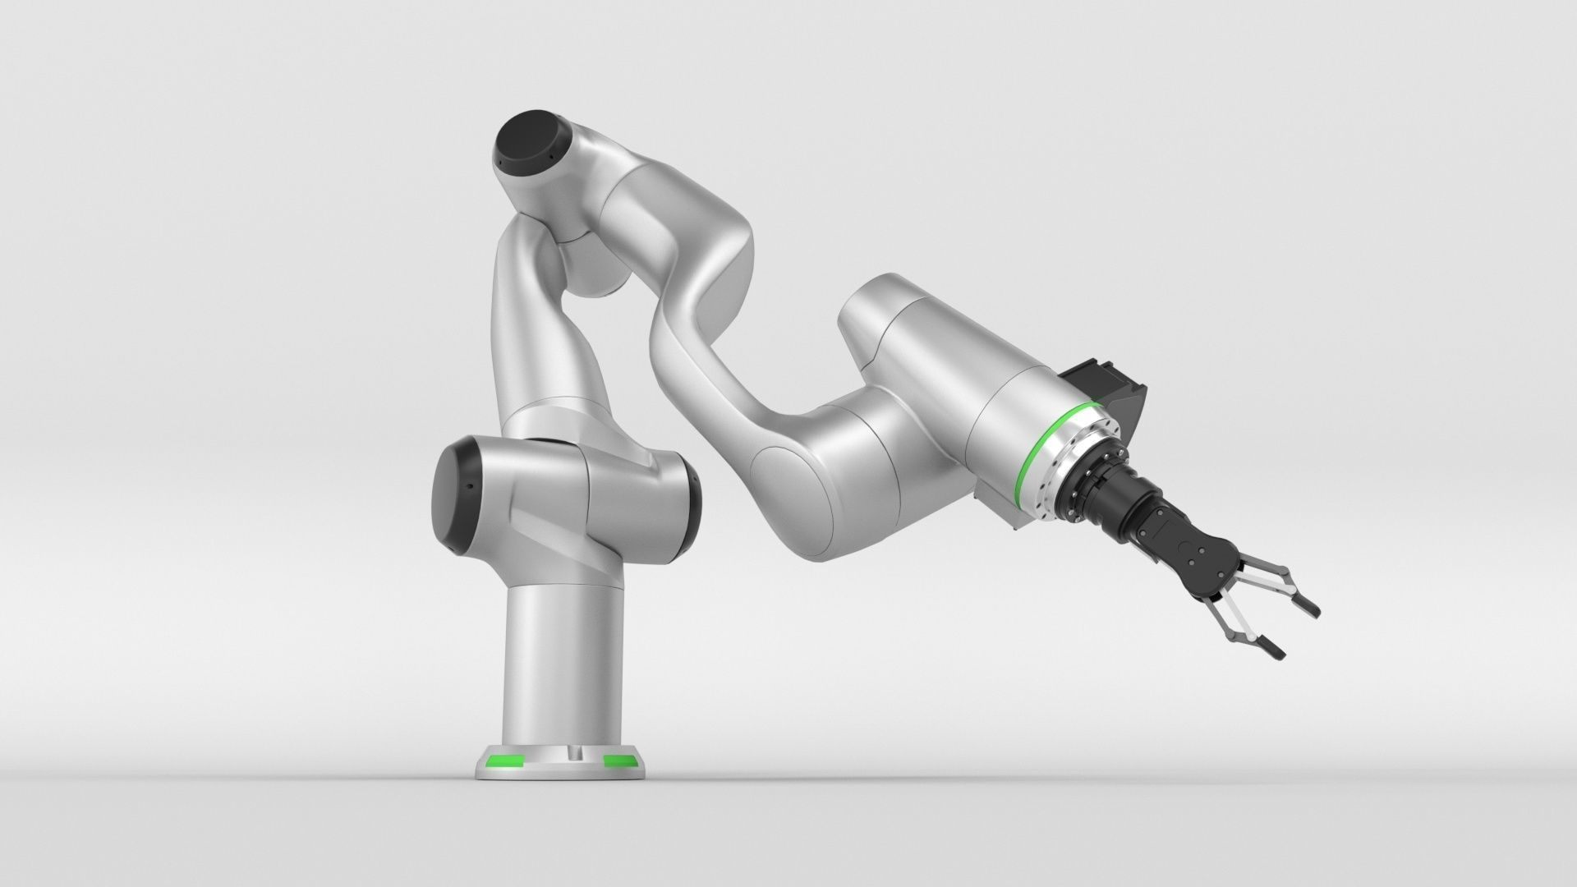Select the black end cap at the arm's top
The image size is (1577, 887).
pyautogui.click(x=523, y=149)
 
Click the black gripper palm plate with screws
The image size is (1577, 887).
pyautogui.click(x=1196, y=549)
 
